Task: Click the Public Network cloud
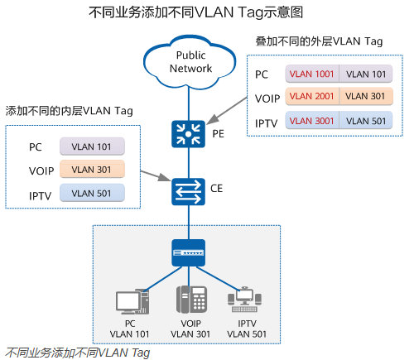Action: coord(190,62)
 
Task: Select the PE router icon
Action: coord(189,134)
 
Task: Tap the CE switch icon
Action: coord(189,192)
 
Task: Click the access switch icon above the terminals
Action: coord(189,252)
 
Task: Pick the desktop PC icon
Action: coord(132,302)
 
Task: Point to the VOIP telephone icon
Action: coord(191,299)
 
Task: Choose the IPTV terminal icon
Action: coord(244,300)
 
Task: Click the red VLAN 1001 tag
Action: coord(312,74)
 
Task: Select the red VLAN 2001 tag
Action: coord(312,96)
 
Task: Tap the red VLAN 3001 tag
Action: coord(312,121)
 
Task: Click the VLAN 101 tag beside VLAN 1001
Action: coord(366,74)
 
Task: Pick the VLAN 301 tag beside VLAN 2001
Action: coord(366,96)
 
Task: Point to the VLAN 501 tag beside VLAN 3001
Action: coord(366,121)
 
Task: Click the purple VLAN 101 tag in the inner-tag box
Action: coord(92,146)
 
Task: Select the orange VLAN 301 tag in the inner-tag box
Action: coord(92,170)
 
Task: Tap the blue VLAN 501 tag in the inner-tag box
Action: coord(92,193)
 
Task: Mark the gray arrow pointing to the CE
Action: coord(156,176)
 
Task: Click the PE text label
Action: coord(218,134)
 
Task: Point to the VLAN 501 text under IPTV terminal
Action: coord(247,334)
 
